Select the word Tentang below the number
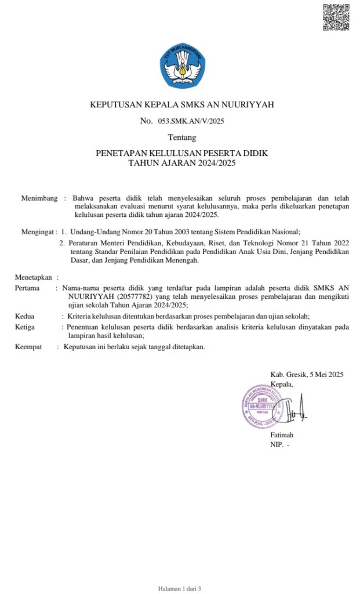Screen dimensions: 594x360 coord(182,137)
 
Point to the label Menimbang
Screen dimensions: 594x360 coord(39,198)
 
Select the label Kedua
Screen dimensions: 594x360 coord(24,316)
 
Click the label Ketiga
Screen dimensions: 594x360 coord(25,327)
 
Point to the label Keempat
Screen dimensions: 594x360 coord(28,347)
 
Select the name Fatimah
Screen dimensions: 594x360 coord(282,435)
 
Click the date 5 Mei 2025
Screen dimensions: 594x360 coord(321,374)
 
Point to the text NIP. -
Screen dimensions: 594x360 coord(279,444)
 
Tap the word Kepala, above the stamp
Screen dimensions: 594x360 coord(282,383)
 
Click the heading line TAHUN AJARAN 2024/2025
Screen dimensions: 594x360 coord(182,163)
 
